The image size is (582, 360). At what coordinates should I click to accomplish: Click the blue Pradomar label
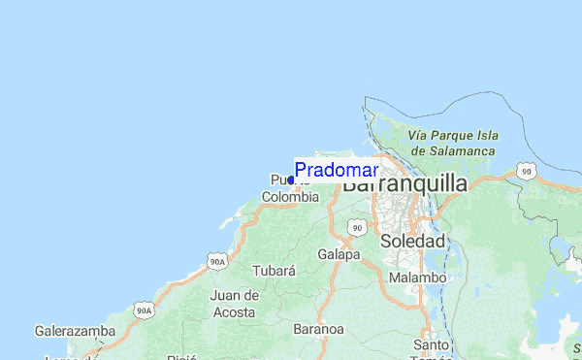pos(337,170)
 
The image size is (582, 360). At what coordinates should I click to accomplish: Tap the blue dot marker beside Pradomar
pos(291,180)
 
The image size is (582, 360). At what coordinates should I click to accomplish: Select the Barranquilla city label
pos(404,183)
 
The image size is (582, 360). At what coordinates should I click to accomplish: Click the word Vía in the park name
pos(419,136)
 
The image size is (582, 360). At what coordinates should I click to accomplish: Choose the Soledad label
pos(413,241)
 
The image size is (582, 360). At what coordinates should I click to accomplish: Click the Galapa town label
pos(339,254)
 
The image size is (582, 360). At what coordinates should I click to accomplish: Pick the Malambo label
pos(417,278)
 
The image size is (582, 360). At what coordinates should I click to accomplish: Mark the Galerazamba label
pos(75,331)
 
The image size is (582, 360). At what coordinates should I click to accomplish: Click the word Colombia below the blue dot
pos(290,196)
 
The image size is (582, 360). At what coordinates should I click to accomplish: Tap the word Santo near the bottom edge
pos(430,344)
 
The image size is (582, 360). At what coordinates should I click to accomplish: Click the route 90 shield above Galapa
pos(357,227)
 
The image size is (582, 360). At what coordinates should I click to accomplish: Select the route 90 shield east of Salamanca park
pos(526,171)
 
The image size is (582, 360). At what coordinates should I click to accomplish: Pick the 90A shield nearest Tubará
pos(216,261)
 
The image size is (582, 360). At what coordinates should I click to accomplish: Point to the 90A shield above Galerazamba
pos(144,310)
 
